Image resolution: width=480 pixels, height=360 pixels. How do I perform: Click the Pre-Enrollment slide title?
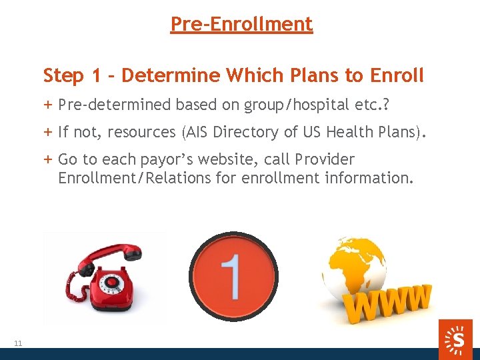click(x=241, y=24)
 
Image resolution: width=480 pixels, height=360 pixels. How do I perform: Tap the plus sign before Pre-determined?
click(x=48, y=105)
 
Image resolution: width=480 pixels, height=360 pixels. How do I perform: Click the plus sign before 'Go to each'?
click(x=48, y=160)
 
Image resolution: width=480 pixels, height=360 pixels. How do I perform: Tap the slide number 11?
click(x=18, y=343)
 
